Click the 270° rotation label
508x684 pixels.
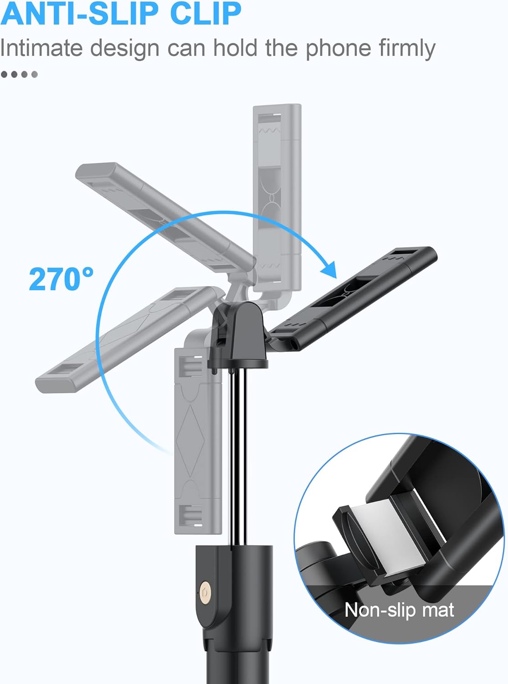tap(61, 279)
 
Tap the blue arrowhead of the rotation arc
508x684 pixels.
tap(329, 269)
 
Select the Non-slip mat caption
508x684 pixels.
tap(399, 610)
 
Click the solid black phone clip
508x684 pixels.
tap(355, 296)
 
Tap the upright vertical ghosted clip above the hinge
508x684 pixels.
tap(277, 196)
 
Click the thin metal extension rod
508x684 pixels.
tap(238, 456)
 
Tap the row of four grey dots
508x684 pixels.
tap(19, 74)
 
